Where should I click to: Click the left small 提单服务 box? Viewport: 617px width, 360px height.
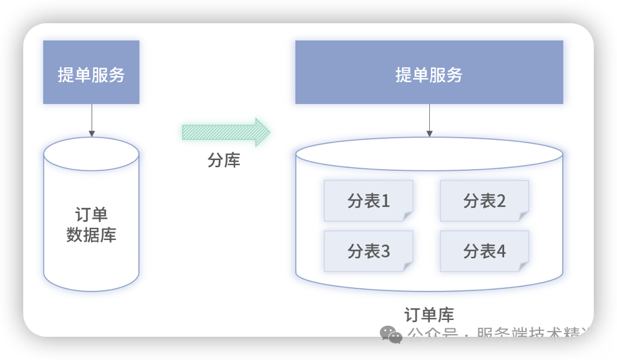point(91,72)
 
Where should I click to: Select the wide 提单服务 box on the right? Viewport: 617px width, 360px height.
point(429,72)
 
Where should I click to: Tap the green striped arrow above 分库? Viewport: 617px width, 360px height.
point(223,132)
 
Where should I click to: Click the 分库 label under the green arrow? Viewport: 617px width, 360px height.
point(224,161)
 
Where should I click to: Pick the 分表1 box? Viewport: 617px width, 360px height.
point(369,201)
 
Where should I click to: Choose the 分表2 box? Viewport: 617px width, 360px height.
point(484,201)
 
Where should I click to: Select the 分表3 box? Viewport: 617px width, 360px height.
point(369,251)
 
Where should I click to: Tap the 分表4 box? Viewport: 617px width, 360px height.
point(484,251)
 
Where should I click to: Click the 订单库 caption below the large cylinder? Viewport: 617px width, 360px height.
point(429,315)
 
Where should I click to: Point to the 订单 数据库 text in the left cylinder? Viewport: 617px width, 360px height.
point(91,225)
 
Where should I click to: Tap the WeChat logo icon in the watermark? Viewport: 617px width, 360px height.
point(391,334)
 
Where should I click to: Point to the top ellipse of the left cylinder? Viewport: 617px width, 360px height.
point(91,154)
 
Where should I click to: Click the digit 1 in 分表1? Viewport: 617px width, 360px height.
point(386,201)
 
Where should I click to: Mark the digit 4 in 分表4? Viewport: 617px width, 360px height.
point(501,251)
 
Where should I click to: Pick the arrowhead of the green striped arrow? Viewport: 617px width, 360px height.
point(262,132)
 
